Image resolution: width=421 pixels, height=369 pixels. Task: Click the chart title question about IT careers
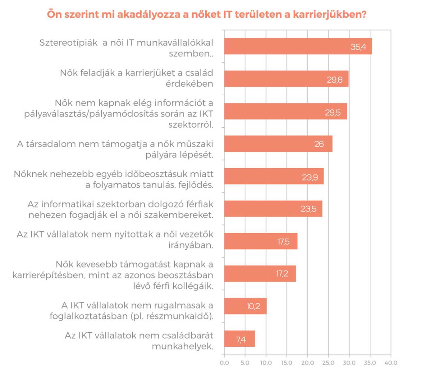(x=207, y=14)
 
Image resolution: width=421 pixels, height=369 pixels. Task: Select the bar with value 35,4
(x=298, y=47)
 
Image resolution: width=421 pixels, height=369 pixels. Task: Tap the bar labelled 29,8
(x=286, y=79)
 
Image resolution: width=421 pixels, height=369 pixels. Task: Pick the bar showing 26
(x=278, y=144)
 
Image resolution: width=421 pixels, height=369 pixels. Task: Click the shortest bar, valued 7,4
(x=239, y=339)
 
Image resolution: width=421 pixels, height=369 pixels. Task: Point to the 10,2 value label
(x=253, y=306)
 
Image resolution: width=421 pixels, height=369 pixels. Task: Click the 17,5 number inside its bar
(x=283, y=242)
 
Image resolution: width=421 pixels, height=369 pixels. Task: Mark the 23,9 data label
(x=310, y=177)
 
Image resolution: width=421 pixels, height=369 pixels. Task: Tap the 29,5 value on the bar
(x=333, y=112)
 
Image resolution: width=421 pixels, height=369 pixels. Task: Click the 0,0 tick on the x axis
(x=224, y=363)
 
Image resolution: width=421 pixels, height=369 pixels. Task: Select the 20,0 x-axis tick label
(x=307, y=363)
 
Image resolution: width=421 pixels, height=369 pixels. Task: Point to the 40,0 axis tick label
(x=391, y=363)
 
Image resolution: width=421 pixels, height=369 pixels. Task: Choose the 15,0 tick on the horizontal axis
(x=286, y=363)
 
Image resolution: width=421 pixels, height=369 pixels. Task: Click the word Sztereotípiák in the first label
(x=68, y=43)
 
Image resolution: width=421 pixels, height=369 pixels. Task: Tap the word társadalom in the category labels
(x=55, y=144)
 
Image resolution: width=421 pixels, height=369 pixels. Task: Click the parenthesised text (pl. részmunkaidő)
(x=172, y=316)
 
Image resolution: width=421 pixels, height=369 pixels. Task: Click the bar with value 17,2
(x=260, y=274)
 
